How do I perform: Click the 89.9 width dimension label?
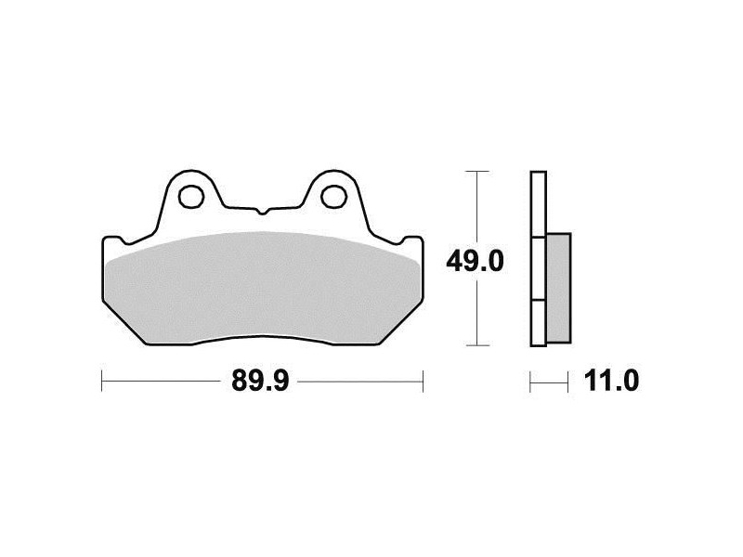pyautogui.click(x=260, y=381)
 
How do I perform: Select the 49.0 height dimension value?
pyautogui.click(x=475, y=262)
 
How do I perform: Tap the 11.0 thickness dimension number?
pyautogui.click(x=611, y=381)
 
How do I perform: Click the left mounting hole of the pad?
pyautogui.click(x=191, y=196)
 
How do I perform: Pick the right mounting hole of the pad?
pyautogui.click(x=333, y=196)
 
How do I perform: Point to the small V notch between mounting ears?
pyautogui.click(x=262, y=212)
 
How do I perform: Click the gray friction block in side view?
pyautogui.click(x=559, y=288)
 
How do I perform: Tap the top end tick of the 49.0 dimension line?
pyautogui.click(x=476, y=171)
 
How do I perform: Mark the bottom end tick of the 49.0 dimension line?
pyautogui.click(x=476, y=345)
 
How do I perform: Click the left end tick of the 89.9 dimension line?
pyautogui.click(x=102, y=381)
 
